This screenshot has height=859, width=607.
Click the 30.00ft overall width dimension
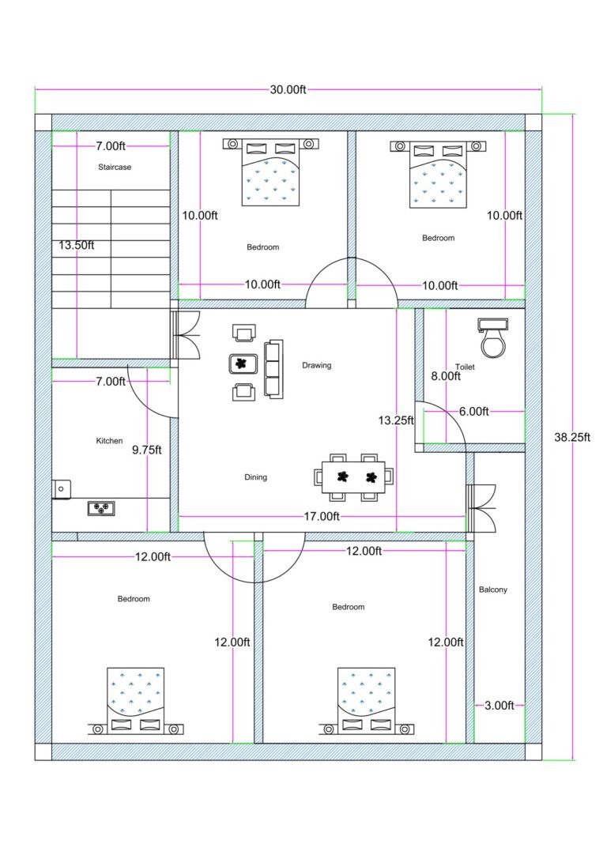[288, 90]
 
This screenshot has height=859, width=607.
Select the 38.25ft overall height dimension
[571, 436]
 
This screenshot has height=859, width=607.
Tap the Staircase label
[115, 168]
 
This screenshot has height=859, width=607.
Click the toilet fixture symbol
[494, 337]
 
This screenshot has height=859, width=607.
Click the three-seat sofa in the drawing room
[273, 368]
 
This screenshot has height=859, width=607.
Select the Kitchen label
[109, 441]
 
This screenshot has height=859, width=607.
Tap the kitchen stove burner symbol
[101, 508]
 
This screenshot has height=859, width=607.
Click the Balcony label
[493, 590]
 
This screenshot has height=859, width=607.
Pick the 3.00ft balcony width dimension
[499, 706]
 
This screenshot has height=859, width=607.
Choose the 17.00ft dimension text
[321, 517]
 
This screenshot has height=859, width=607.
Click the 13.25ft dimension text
[395, 421]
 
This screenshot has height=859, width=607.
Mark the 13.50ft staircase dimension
[76, 245]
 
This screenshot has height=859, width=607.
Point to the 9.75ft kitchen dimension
[146, 450]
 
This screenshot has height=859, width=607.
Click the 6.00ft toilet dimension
[473, 411]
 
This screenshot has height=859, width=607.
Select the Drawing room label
[316, 366]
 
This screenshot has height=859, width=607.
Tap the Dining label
[255, 477]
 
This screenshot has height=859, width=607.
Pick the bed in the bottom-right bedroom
[365, 699]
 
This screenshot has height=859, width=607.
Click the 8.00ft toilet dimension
[445, 377]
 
